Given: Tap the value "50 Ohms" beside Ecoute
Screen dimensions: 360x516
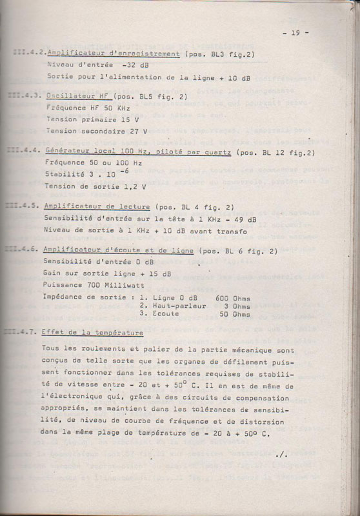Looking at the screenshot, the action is [235, 315].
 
